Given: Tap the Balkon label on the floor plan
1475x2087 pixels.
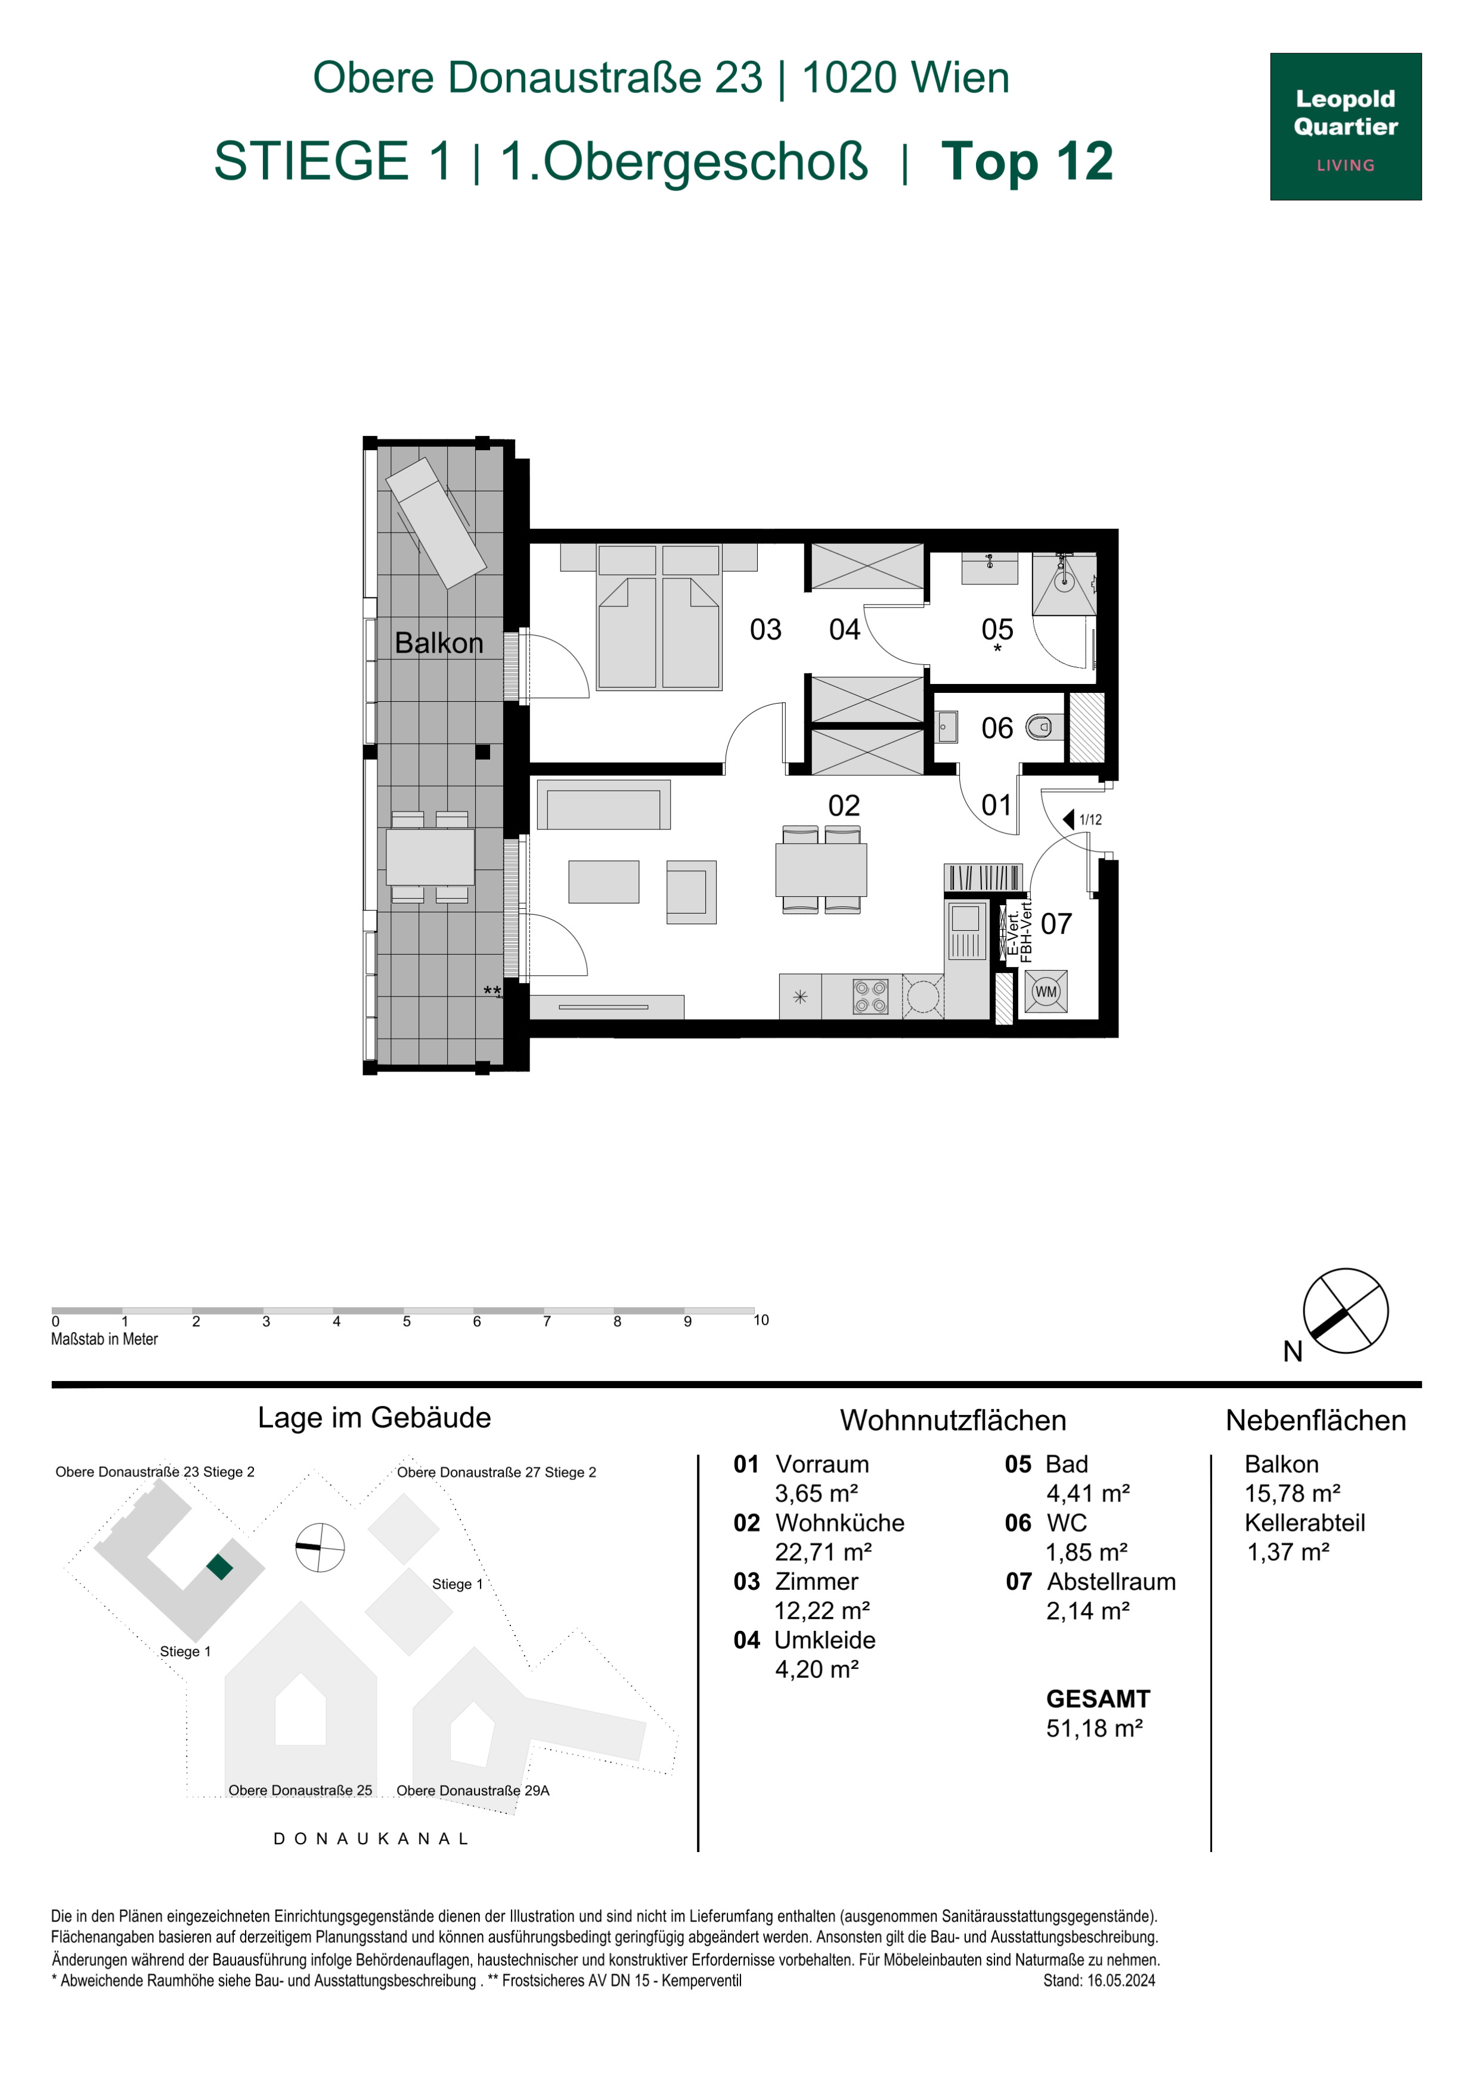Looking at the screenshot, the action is (439, 643).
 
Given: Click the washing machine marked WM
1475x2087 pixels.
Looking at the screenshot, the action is (1046, 992).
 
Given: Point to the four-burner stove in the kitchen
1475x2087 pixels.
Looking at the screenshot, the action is (870, 996).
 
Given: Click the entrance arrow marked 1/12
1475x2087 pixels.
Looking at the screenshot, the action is (1070, 819).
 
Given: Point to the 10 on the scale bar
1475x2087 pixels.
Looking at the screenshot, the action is (761, 1320).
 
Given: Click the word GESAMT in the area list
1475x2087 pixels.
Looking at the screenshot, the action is (1098, 1699).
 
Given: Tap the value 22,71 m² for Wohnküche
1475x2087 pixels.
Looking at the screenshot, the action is (823, 1552).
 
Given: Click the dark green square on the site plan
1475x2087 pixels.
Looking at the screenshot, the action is (220, 1567).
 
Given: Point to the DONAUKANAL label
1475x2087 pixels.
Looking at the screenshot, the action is (371, 1838).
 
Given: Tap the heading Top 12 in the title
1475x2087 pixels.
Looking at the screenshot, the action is (1027, 161).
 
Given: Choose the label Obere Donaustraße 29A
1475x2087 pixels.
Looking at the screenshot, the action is (473, 1790).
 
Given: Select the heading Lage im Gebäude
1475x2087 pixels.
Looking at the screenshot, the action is (374, 1418).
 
